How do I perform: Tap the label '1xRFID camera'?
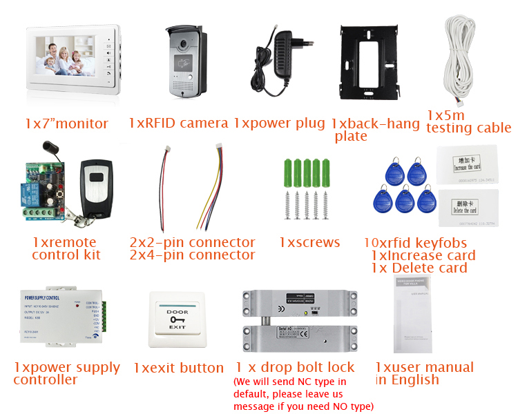178,124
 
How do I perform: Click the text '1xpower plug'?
279,124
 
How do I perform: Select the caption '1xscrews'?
309,242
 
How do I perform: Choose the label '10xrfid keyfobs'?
415,243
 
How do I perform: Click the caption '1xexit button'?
178,368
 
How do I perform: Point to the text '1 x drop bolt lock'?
295,367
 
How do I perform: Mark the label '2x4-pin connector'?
192,255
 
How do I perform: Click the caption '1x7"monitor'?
66,124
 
